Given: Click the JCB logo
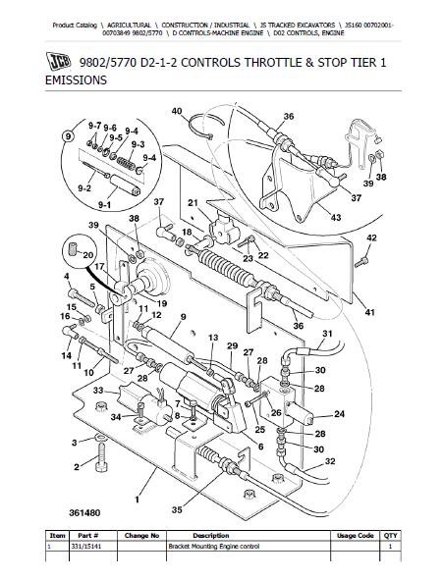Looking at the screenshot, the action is [x=58, y=61].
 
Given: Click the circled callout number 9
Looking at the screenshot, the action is [x=67, y=136].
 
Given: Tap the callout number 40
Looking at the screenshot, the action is [x=177, y=111].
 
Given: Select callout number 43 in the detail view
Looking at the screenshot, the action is [x=336, y=217].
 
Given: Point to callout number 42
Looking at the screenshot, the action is [x=371, y=237].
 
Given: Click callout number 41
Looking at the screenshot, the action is [x=369, y=312].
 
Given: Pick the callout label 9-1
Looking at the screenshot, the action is [x=104, y=204].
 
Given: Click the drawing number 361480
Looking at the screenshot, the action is [x=84, y=513].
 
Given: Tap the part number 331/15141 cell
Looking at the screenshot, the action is [x=85, y=547].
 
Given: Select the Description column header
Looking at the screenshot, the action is [x=211, y=536].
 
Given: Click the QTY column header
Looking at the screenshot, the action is [x=390, y=536].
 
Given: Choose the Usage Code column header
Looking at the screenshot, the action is [x=355, y=536].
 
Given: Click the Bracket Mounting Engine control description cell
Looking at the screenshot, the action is [x=214, y=547].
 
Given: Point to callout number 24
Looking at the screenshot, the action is [x=339, y=414].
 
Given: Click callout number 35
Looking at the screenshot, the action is [x=177, y=509].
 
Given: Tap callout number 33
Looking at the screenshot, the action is [x=98, y=391].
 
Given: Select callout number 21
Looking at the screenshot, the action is [x=193, y=203].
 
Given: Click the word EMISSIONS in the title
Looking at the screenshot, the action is [x=76, y=80].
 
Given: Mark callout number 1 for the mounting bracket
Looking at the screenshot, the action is [x=137, y=500].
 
